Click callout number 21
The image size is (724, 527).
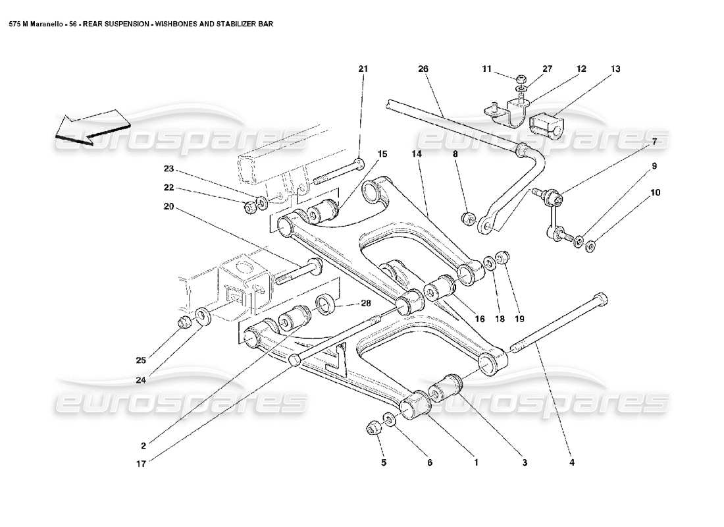point(363,69)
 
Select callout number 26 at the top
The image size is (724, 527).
point(423,69)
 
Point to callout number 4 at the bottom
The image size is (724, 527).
point(572,462)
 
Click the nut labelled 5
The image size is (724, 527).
point(372,429)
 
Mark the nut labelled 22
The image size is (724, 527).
point(250,208)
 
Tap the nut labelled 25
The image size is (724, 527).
point(186,322)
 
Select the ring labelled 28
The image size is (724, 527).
point(324,305)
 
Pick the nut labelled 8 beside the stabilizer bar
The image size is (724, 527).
point(468,217)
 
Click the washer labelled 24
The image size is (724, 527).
point(203,314)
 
